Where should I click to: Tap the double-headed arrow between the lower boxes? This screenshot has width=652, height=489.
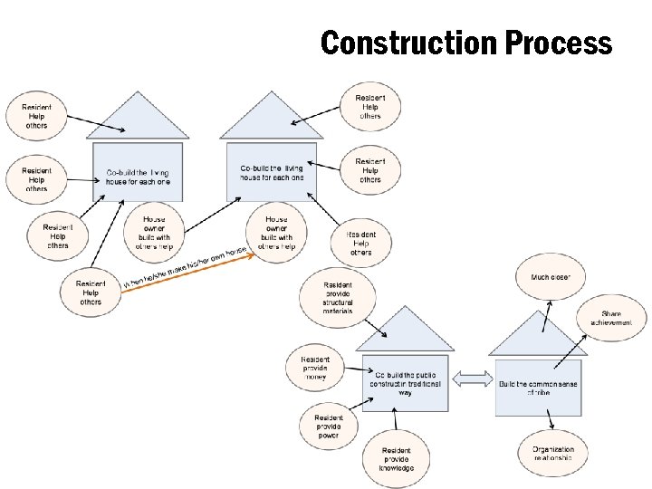coord(469,379)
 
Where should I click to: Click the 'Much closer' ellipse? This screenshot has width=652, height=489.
coord(551,276)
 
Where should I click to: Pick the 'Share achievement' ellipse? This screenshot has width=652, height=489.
coord(611,318)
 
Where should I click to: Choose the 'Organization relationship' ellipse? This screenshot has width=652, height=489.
coord(553,454)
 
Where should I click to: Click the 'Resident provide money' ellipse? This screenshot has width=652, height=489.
coord(315,368)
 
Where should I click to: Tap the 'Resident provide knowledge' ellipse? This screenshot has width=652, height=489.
coord(396,459)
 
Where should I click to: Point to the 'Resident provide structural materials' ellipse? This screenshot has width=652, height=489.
coord(337,297)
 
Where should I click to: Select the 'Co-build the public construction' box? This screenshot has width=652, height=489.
coord(406,384)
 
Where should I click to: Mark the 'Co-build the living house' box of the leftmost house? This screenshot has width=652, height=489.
coord(138,174)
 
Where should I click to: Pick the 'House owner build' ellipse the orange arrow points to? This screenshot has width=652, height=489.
coord(276,233)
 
